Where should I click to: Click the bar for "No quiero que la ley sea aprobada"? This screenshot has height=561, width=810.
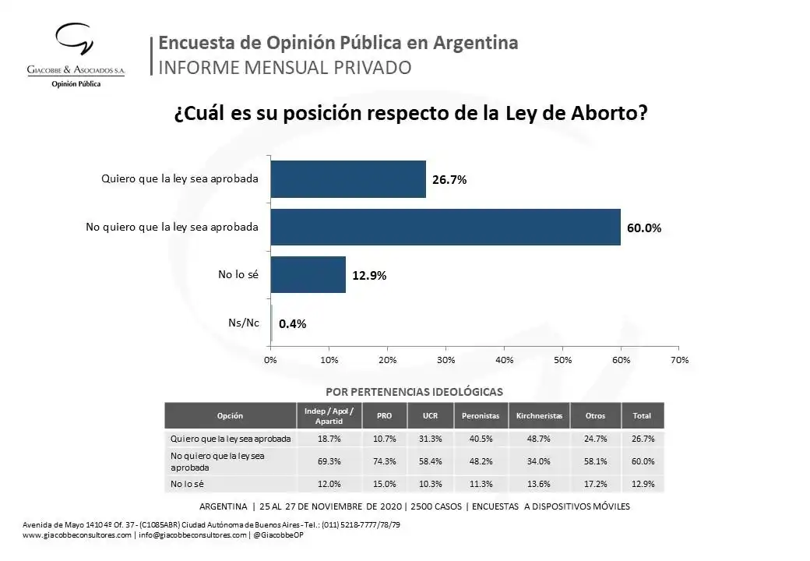[445, 227]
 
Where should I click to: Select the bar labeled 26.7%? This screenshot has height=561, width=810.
[348, 179]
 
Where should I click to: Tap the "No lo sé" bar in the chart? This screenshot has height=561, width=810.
[308, 274]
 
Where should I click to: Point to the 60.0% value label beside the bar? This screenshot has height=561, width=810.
[644, 228]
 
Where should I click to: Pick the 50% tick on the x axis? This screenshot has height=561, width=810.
[562, 360]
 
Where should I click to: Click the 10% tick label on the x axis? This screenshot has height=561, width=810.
[329, 360]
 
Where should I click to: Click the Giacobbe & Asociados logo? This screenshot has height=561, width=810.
[76, 55]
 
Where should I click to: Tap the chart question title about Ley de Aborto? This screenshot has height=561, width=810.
[410, 114]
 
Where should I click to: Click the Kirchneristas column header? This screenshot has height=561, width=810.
[539, 416]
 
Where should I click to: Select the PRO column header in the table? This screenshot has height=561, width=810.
[384, 416]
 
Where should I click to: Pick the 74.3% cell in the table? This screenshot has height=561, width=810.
[384, 461]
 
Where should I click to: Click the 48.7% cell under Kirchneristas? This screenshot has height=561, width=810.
[539, 439]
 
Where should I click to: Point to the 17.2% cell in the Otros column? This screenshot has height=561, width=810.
[595, 484]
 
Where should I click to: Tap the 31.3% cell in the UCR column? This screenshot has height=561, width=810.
[431, 439]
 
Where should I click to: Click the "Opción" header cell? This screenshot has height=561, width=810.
[230, 416]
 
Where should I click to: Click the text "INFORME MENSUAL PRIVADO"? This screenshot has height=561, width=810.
[284, 68]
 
